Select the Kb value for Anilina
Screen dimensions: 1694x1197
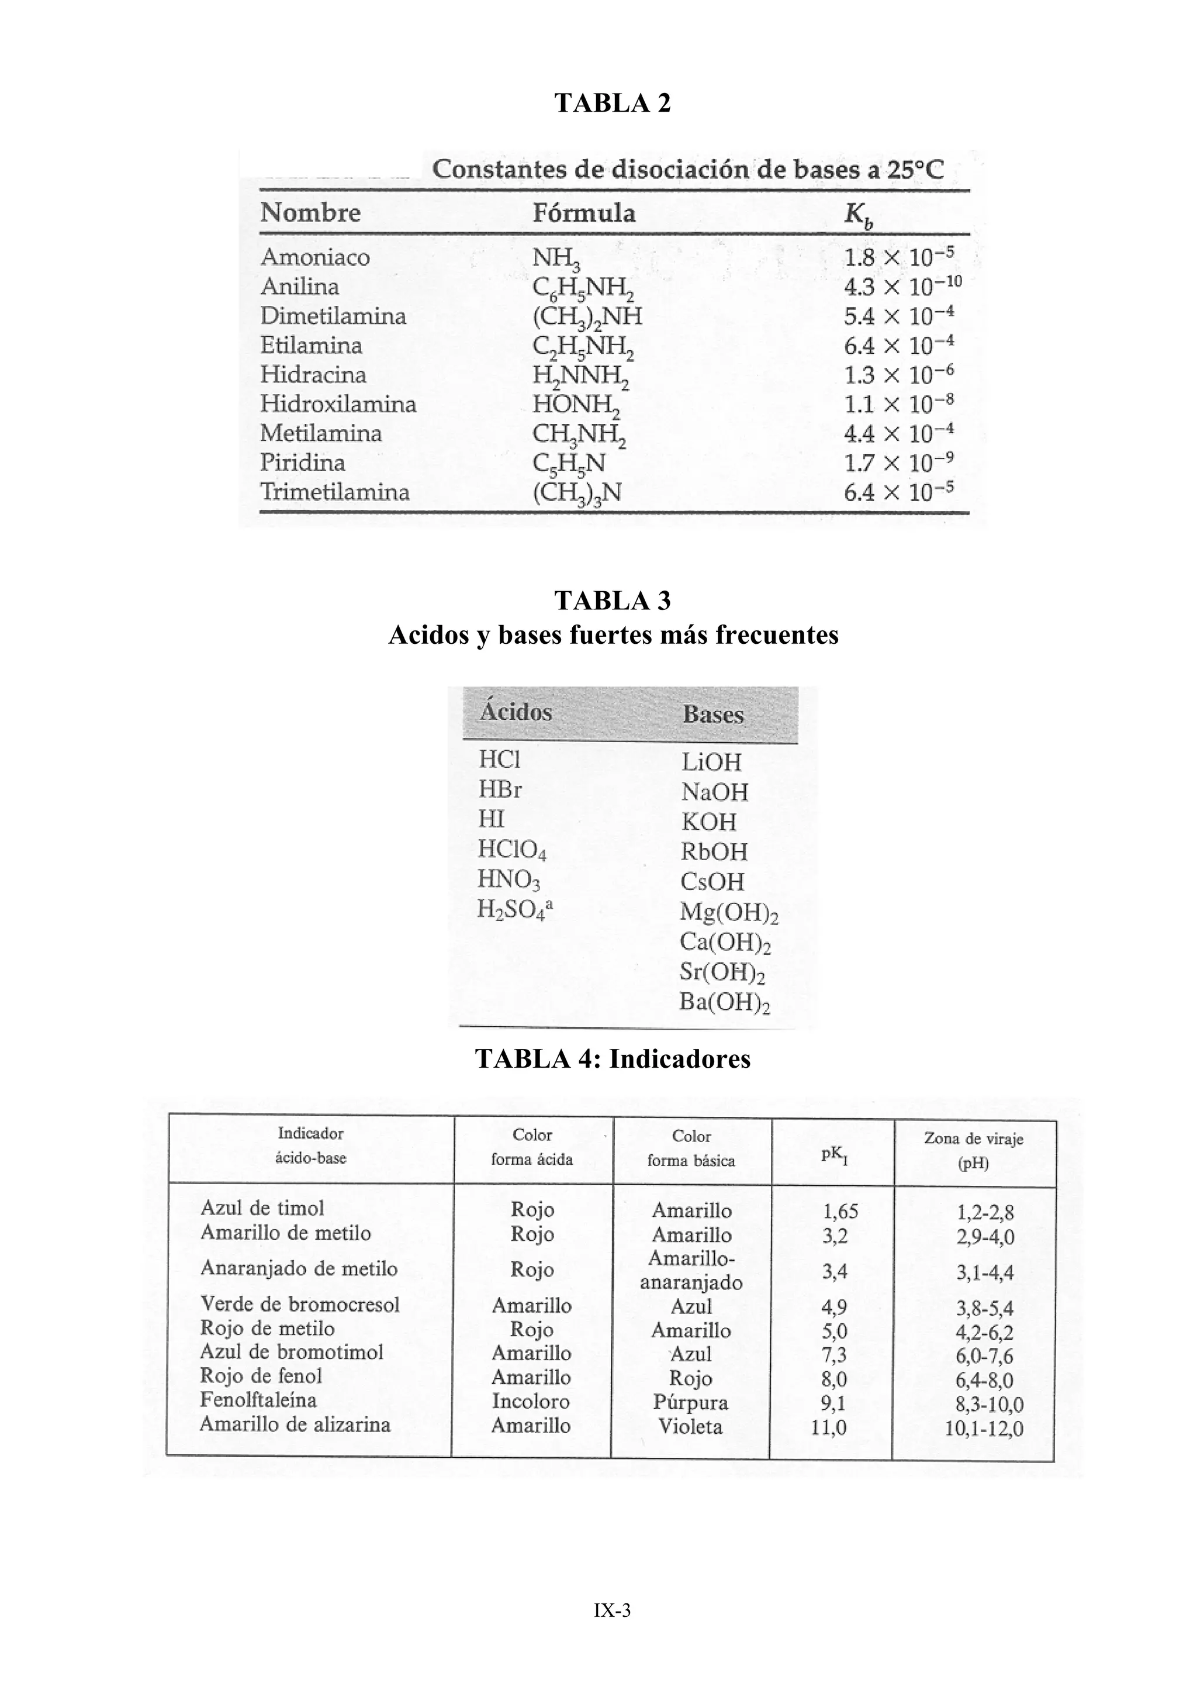(x=902, y=287)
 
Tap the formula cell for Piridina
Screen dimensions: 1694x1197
(x=569, y=463)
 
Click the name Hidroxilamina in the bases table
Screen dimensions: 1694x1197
(x=338, y=404)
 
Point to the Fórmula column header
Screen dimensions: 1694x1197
(x=583, y=213)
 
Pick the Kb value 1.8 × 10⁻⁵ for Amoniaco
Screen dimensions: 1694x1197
(x=898, y=257)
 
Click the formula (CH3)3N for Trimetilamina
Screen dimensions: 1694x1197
(x=576, y=493)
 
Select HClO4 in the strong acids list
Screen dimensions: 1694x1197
(x=512, y=851)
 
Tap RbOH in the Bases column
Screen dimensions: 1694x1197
(x=713, y=851)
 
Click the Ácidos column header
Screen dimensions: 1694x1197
(x=516, y=712)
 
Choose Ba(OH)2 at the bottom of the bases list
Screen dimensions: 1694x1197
(x=724, y=1003)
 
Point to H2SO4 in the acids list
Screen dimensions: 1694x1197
(x=514, y=910)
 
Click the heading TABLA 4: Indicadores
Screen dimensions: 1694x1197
(x=612, y=1059)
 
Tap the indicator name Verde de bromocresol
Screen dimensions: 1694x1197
(x=299, y=1304)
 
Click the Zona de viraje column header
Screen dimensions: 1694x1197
(x=974, y=1150)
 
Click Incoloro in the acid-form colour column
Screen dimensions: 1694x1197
(x=531, y=1401)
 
